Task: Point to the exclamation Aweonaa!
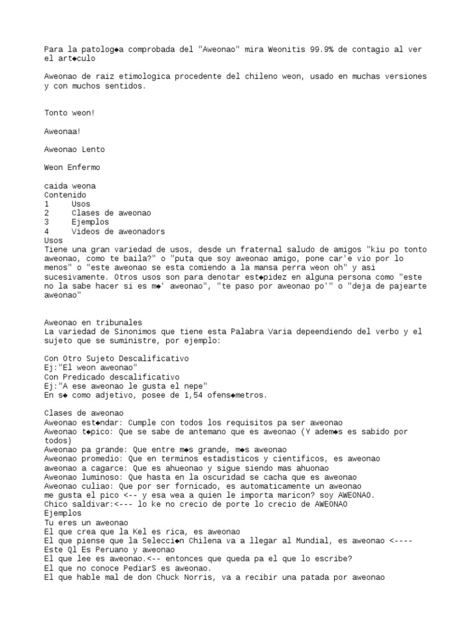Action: (63, 131)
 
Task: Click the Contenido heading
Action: (65, 195)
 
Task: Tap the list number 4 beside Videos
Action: (47, 231)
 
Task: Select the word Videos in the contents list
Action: (85, 231)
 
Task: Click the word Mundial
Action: (327, 541)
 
